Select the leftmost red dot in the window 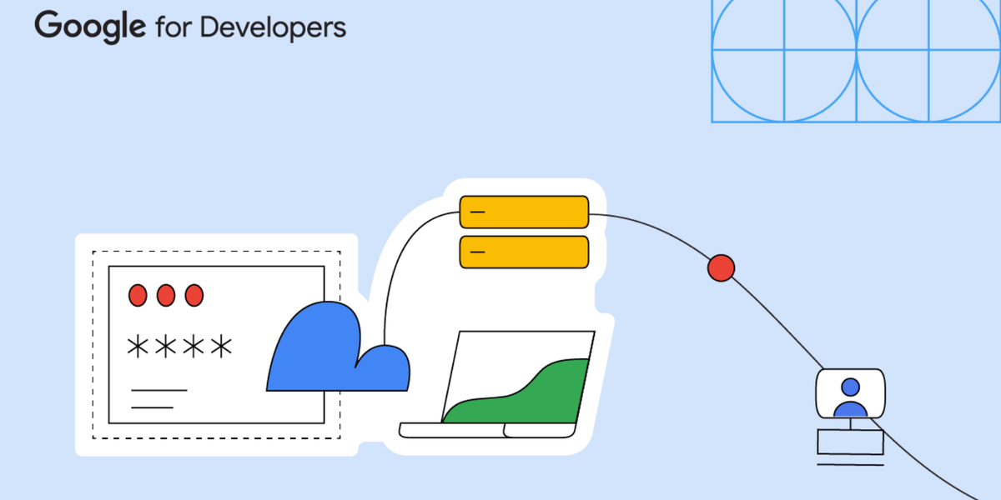click(x=138, y=295)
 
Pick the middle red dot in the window click(x=166, y=295)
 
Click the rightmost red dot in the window click(x=194, y=295)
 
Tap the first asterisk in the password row click(x=137, y=347)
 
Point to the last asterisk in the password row click(x=221, y=347)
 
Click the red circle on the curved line click(x=721, y=268)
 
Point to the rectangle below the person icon click(x=850, y=442)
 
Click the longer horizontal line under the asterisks click(x=159, y=390)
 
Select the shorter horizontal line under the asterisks click(x=152, y=407)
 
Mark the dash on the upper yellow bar click(x=477, y=212)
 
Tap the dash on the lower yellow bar click(x=477, y=252)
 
